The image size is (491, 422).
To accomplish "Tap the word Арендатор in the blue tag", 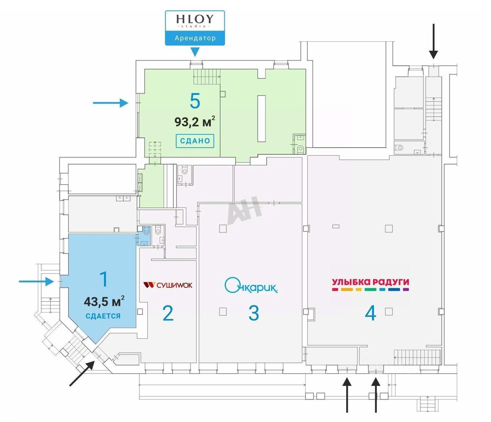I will point(195,38).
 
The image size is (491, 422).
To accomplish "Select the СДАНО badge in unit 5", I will point(195,141).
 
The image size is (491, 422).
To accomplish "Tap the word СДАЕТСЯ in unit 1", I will point(103,316).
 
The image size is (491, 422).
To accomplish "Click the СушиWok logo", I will point(168,285).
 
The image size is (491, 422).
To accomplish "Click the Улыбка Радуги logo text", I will point(370,282).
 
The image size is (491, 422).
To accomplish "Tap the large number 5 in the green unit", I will point(195,101).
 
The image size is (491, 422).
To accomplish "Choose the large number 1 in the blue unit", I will point(104,279).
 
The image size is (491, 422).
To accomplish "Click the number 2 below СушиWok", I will point(168,313).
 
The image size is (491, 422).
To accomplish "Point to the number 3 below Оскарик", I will point(253,313).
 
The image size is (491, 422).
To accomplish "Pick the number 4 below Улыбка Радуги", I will point(370,313).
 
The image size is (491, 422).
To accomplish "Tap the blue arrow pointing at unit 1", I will point(37,282).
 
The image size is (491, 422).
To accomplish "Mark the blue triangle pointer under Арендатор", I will point(195,51).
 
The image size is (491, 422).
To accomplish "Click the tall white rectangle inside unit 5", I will point(262,118).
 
